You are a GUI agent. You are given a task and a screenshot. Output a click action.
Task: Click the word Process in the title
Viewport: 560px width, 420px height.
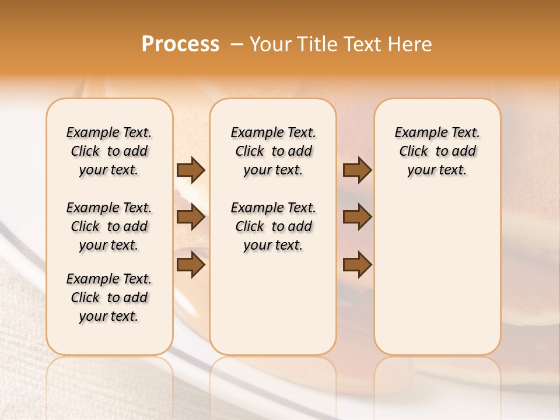tap(180, 44)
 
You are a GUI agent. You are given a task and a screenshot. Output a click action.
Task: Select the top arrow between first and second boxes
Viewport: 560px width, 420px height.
tap(191, 170)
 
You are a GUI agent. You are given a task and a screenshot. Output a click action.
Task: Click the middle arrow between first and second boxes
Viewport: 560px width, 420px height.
tap(191, 217)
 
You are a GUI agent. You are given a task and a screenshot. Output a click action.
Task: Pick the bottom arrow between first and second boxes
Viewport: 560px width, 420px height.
tap(191, 265)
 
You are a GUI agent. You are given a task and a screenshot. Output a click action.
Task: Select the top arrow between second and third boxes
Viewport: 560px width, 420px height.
tap(357, 170)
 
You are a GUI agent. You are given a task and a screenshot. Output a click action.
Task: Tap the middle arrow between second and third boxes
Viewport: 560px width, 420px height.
tap(357, 217)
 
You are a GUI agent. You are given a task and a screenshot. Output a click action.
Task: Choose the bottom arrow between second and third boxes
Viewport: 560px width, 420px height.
tap(357, 265)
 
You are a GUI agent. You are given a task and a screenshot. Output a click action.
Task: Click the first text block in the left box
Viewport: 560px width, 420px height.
tap(109, 151)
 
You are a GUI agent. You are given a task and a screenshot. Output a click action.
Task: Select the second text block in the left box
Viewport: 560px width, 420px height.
tap(109, 226)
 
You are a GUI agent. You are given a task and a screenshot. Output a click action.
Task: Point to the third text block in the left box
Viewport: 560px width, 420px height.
tap(109, 297)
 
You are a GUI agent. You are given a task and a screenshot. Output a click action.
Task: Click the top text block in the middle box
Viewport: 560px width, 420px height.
tap(273, 151)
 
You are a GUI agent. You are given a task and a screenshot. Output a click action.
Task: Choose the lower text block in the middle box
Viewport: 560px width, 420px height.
tap(273, 226)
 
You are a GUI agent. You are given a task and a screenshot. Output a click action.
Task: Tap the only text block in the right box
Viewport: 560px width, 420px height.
tap(437, 151)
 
